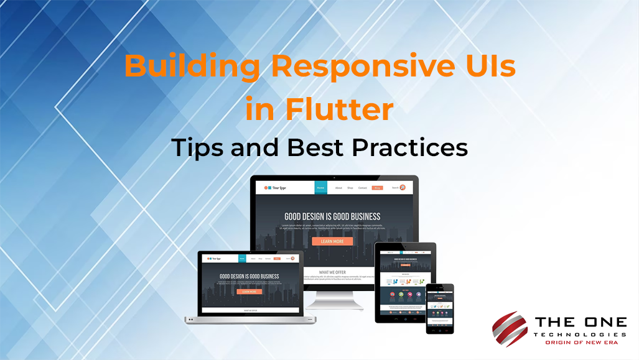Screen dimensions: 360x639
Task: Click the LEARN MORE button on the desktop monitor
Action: click(x=332, y=241)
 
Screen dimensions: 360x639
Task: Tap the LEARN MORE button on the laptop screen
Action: click(x=249, y=291)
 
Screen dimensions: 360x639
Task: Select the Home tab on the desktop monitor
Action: click(x=320, y=187)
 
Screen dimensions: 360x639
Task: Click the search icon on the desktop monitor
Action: click(x=403, y=187)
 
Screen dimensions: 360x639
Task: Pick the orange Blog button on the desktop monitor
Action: click(x=377, y=187)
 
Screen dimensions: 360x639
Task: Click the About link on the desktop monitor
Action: click(x=338, y=187)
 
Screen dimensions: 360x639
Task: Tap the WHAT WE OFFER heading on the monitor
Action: click(x=332, y=272)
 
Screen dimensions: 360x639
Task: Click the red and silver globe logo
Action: click(x=510, y=329)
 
